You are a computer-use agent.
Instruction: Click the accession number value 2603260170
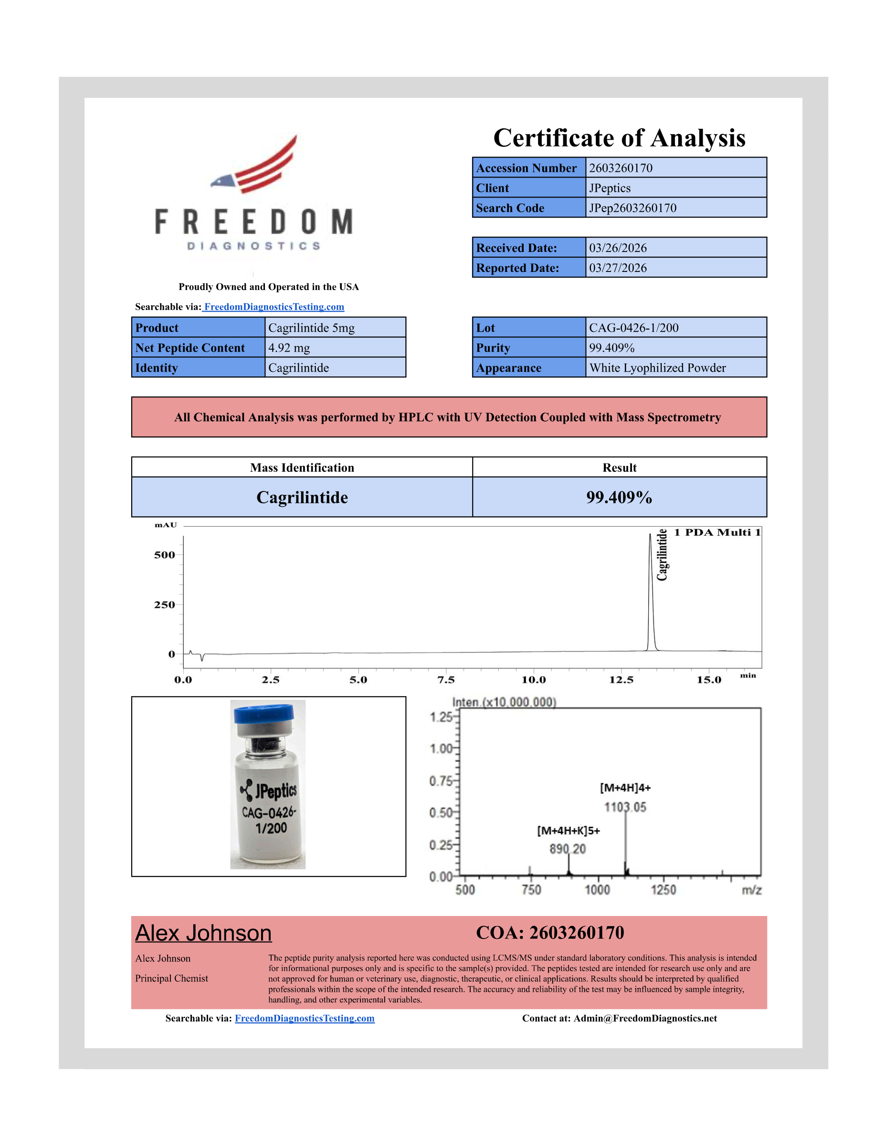pos(620,168)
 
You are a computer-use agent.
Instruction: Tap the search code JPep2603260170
pos(632,208)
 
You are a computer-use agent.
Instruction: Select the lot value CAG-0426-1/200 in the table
pos(633,328)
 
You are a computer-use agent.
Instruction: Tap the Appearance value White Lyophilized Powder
pos(657,367)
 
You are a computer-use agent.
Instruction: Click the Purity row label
pos(493,348)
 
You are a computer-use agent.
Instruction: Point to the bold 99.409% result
pos(619,497)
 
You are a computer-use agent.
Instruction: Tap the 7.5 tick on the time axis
pos(446,679)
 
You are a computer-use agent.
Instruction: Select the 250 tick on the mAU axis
pos(164,604)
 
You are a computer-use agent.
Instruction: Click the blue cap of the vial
pos(263,713)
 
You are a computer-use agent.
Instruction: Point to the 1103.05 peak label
pos(625,807)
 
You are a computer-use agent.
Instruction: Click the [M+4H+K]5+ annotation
pos(568,831)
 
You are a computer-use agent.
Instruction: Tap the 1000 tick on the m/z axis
pos(598,890)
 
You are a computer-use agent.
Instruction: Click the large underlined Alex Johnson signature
pos(203,933)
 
